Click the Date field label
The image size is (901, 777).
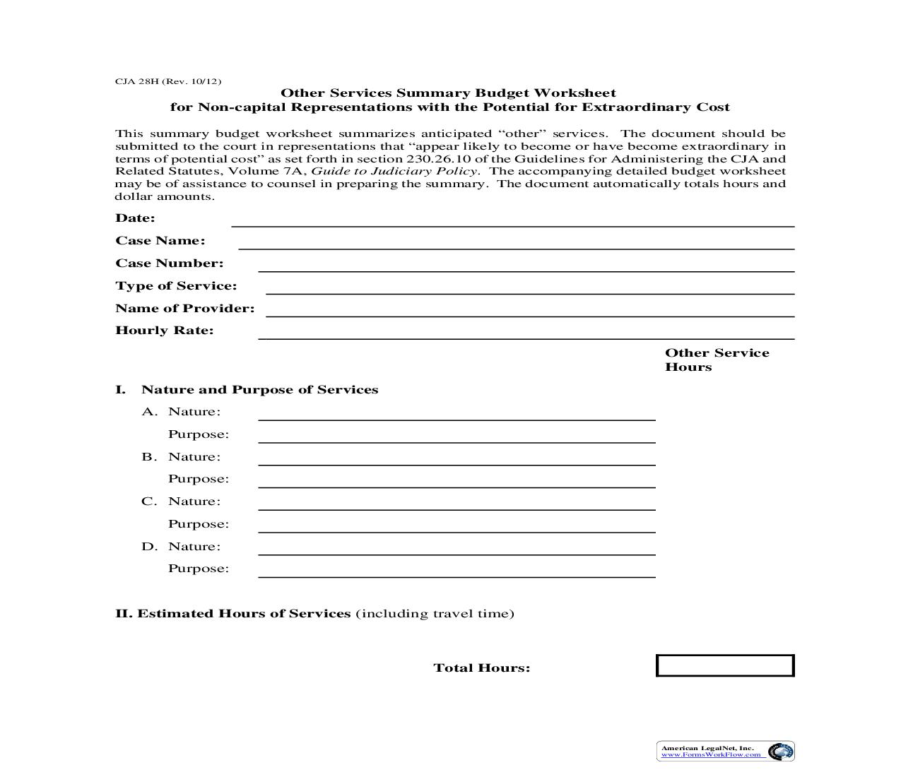[x=135, y=218]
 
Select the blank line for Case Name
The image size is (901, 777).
[x=516, y=244]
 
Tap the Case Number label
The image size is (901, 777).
[x=169, y=263]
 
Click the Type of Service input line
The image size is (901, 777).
[x=529, y=288]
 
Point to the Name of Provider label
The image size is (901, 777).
[x=184, y=309]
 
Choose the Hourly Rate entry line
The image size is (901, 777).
[x=526, y=333]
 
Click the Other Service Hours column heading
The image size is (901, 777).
[x=716, y=360]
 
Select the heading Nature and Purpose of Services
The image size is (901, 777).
[x=259, y=390]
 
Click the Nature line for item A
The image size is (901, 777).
[x=457, y=415]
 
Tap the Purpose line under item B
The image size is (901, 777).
[x=457, y=482]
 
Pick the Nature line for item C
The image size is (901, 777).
[x=457, y=504]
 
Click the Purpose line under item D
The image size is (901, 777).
[x=457, y=572]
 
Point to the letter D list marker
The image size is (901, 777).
[x=148, y=547]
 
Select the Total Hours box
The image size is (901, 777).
[x=725, y=666]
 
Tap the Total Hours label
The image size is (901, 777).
[x=481, y=668]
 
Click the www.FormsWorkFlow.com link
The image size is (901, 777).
[x=711, y=754]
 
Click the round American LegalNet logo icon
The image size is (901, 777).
[x=780, y=752]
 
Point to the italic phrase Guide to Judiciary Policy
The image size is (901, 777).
[x=395, y=171]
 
